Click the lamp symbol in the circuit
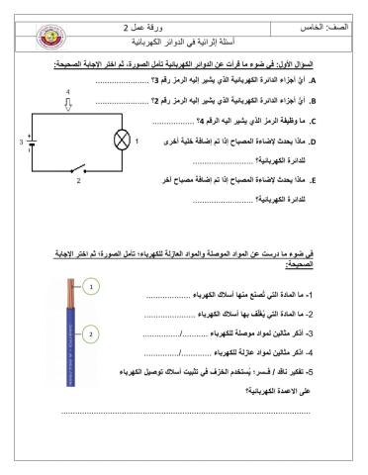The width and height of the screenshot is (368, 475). click(122, 141)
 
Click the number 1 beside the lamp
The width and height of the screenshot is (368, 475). click(138, 141)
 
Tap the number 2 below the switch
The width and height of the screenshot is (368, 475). click(79, 181)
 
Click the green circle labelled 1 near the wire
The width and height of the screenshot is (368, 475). click(90, 287)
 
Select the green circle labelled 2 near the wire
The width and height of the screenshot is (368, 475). click(90, 332)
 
